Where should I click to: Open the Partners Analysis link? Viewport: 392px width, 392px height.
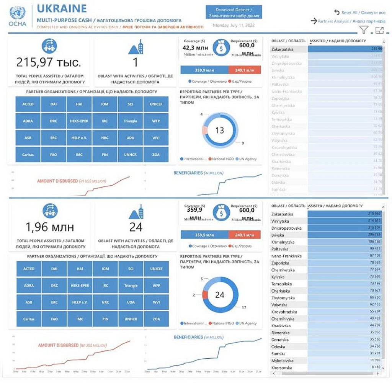coord(351,21)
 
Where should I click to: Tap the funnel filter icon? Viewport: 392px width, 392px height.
coord(364,30)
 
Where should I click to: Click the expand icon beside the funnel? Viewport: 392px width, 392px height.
coord(379,31)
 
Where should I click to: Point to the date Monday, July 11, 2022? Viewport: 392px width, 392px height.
coord(233,26)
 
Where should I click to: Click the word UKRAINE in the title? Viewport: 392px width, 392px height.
coord(62,8)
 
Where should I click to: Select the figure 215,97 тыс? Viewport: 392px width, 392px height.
coord(49,62)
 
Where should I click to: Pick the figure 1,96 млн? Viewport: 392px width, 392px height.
coord(50,227)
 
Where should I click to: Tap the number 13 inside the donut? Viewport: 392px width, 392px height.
coord(219,131)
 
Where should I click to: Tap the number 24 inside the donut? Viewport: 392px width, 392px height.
coord(219,295)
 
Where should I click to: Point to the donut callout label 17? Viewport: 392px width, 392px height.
coord(244,307)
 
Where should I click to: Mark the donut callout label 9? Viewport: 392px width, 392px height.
coord(243,143)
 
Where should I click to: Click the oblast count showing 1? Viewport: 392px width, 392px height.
coord(135,62)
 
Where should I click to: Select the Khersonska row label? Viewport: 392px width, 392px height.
coord(282,367)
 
